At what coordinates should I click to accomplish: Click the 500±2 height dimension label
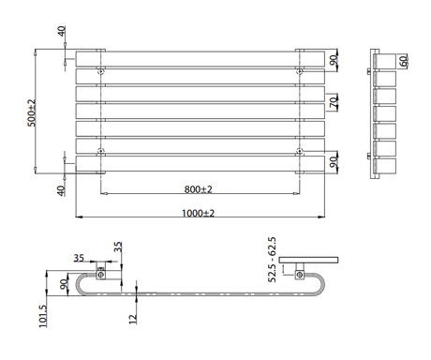(32, 112)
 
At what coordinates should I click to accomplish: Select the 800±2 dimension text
(198, 189)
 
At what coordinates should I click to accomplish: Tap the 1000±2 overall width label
(198, 213)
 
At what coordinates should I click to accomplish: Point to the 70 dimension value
(334, 102)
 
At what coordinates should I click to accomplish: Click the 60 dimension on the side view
(404, 61)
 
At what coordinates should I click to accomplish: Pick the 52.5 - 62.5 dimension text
(272, 260)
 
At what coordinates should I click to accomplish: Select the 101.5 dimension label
(43, 316)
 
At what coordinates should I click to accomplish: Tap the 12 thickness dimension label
(133, 319)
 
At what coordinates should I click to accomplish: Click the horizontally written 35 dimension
(79, 258)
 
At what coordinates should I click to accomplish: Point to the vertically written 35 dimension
(118, 247)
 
